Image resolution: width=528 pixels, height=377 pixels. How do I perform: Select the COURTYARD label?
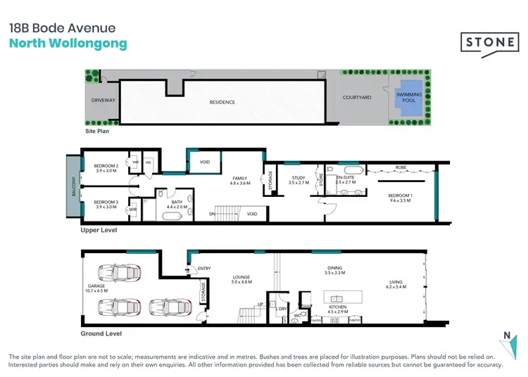[x=357, y=98]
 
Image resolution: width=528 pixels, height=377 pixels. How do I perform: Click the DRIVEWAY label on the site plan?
[x=103, y=101]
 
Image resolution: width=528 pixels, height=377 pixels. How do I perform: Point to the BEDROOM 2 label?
[x=106, y=167]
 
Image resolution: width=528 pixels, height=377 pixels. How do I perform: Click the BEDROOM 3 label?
[x=106, y=204]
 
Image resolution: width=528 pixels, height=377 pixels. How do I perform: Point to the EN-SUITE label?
[x=345, y=179]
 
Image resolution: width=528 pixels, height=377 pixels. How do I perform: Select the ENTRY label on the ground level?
[x=204, y=268]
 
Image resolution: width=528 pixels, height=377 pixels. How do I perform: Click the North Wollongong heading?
[x=68, y=44]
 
